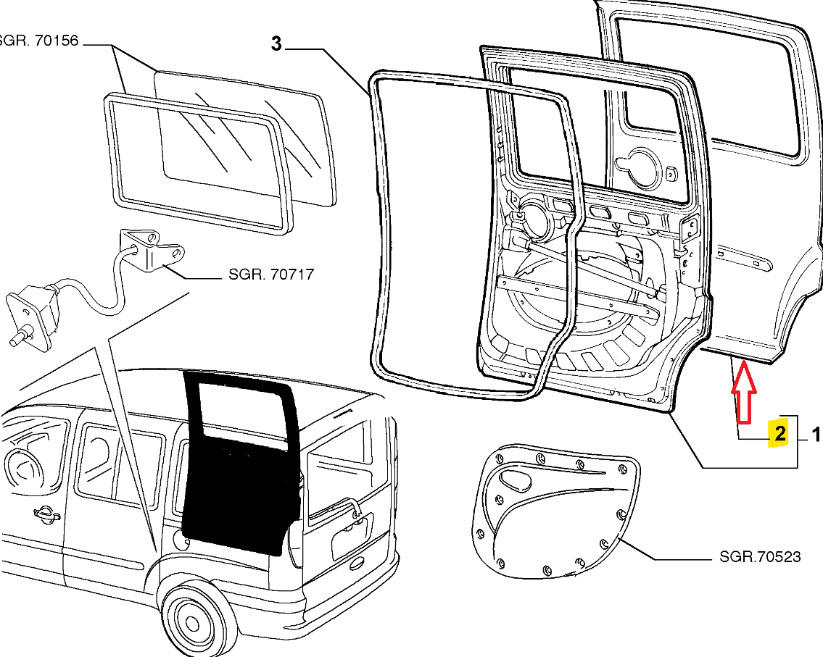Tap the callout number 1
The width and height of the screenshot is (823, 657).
point(815,435)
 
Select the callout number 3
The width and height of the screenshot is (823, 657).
point(276,44)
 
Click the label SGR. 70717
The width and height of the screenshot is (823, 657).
point(271,275)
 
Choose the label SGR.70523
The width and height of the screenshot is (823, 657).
point(760,556)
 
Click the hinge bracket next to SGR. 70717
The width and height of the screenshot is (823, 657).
point(151,250)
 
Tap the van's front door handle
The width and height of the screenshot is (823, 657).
point(45,514)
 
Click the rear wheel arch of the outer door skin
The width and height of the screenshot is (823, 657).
point(798,304)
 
